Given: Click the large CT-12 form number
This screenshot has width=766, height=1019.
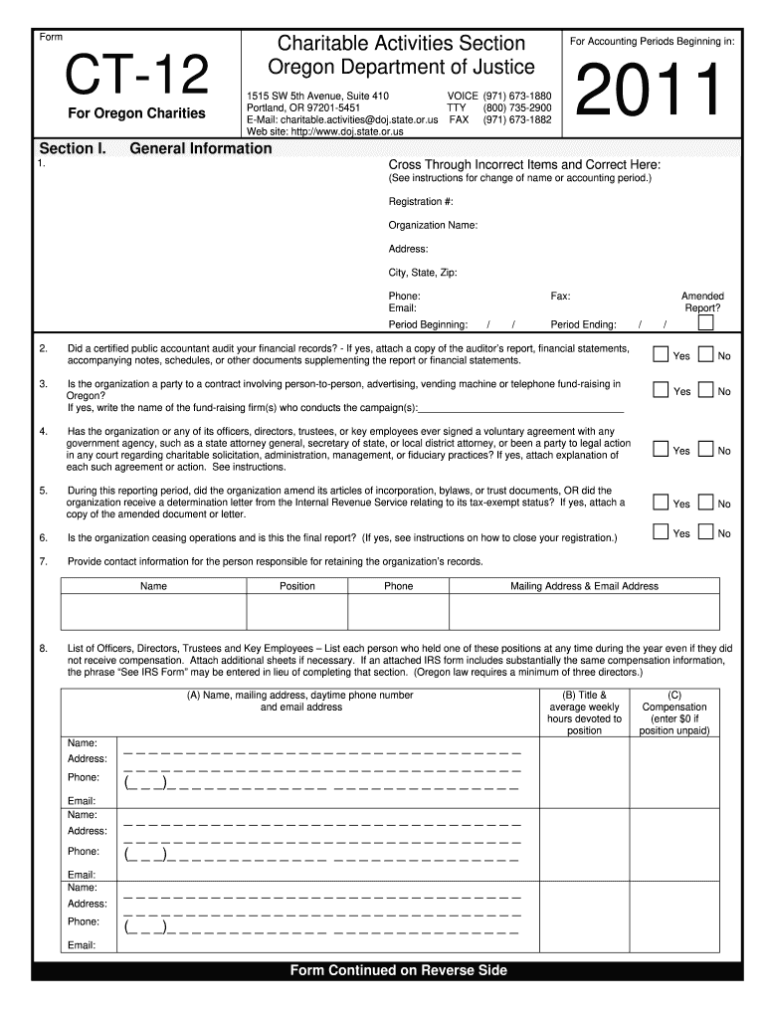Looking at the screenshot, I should [137, 75].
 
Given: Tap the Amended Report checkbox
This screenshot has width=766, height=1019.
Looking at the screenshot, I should [705, 323].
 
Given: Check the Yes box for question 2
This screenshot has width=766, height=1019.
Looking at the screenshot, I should [661, 354].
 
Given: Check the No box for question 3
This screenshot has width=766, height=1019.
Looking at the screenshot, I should [706, 390].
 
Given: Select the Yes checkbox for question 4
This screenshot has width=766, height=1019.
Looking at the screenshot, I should [661, 450].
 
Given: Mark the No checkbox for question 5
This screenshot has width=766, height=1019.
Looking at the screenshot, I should [706, 503].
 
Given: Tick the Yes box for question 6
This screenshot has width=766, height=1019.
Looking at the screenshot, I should [661, 532].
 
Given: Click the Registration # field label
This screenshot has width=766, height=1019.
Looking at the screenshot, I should [421, 202].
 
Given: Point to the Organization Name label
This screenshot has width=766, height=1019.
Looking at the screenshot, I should [433, 225].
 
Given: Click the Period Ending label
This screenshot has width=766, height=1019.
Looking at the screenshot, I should [583, 324].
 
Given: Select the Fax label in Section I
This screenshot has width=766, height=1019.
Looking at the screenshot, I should [560, 297].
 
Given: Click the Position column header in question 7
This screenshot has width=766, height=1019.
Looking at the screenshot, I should [297, 586].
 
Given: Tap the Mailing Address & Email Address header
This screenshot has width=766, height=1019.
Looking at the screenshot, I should [584, 586].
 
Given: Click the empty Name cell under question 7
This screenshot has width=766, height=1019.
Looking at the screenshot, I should [153, 612].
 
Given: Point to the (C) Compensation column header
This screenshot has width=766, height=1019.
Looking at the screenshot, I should [675, 713].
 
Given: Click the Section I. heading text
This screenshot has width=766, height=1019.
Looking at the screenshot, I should [72, 149].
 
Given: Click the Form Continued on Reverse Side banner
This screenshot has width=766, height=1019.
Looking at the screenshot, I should [398, 970].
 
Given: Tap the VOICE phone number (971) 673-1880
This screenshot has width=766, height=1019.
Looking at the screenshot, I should [517, 96].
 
